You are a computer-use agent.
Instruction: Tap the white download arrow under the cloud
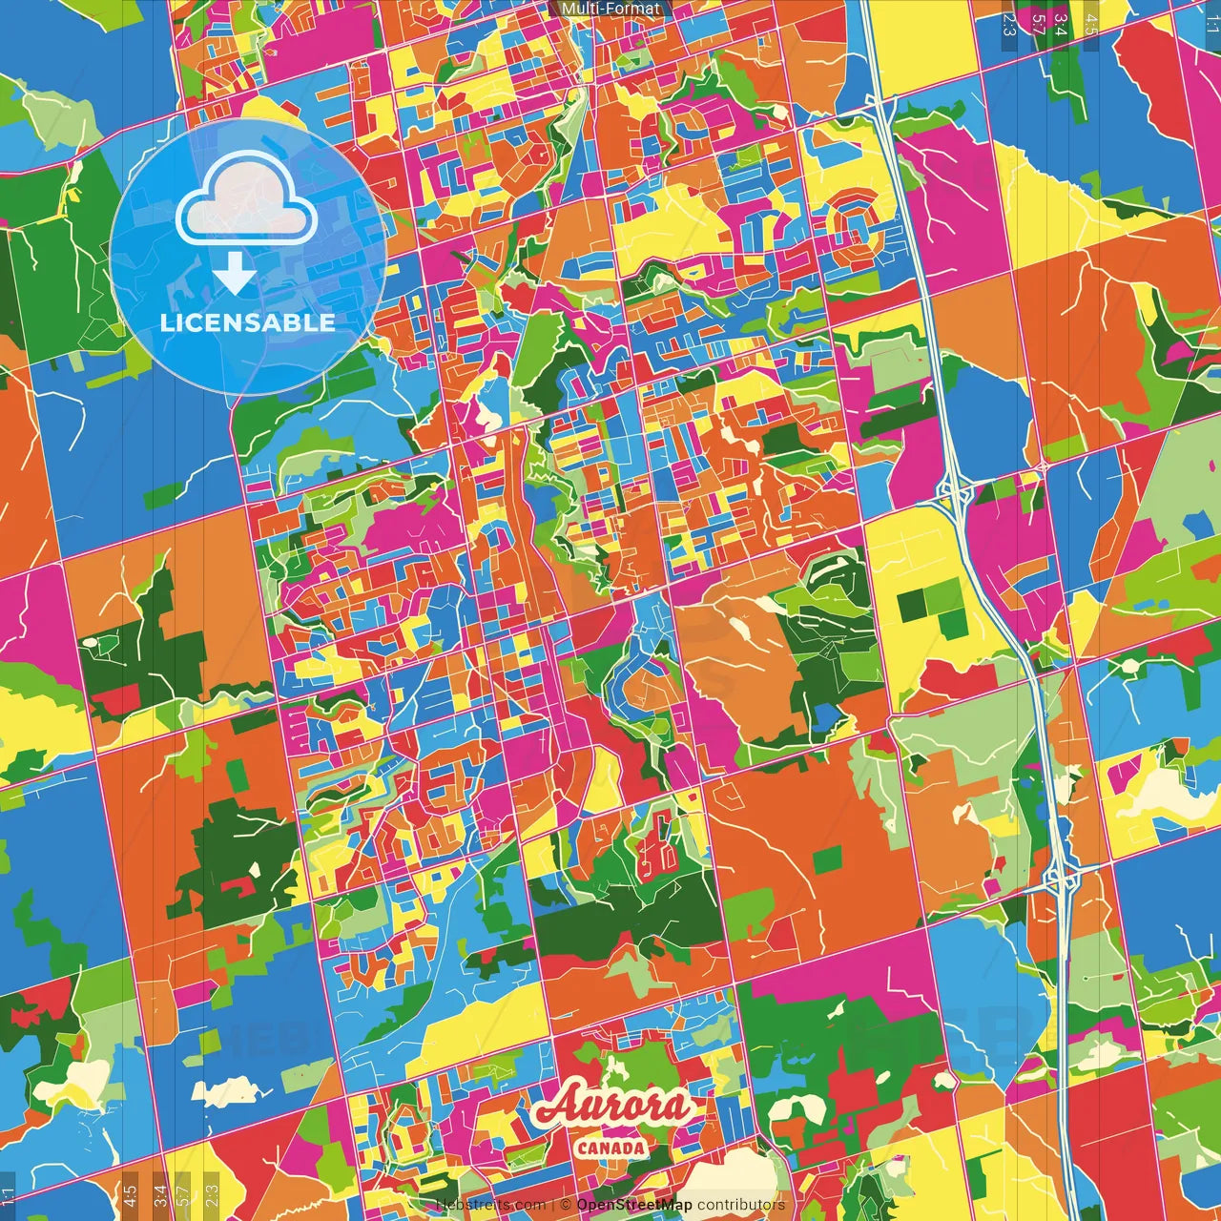[234, 274]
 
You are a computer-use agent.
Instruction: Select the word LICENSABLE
[247, 322]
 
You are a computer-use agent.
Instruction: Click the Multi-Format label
[610, 9]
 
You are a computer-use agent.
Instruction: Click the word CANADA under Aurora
[610, 1148]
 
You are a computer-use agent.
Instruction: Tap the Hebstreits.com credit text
[490, 1205]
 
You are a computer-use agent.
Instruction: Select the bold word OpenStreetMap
[634, 1205]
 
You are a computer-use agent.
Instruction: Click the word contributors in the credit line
[741, 1205]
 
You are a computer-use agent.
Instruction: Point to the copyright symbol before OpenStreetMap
[565, 1205]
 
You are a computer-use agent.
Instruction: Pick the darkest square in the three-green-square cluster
[913, 604]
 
